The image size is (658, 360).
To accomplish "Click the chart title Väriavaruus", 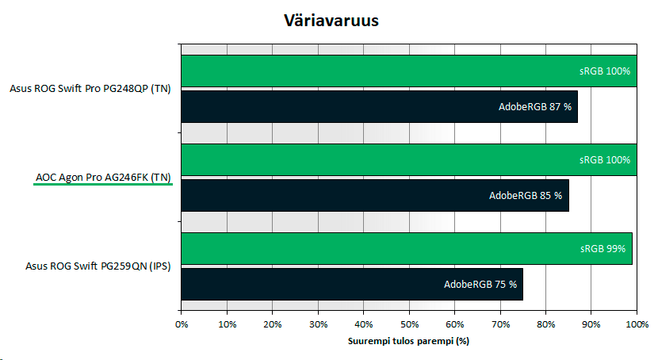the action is tap(331, 21).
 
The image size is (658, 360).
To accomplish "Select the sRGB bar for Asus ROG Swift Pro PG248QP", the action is tap(409, 71).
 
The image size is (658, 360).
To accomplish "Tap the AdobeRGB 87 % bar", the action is tap(380, 106).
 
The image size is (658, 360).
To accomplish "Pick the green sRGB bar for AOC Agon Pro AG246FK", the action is tap(409, 160).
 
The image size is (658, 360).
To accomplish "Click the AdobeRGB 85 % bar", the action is tap(375, 196).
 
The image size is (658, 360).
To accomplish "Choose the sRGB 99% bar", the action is tap(407, 248).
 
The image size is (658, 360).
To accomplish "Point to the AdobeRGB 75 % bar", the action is tap(352, 284).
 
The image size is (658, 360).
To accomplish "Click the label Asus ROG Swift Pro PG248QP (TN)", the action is tap(90, 89).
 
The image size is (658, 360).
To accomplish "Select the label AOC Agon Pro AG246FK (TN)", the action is tap(103, 178).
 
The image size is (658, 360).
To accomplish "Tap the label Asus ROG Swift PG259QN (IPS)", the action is tap(98, 266).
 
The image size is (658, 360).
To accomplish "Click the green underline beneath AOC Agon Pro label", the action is tap(103, 184).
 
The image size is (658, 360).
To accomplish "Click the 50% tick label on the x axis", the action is tap(409, 324).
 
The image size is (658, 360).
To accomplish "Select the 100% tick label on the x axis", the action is tap(637, 324).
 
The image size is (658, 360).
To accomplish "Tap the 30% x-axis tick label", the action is tap(318, 324).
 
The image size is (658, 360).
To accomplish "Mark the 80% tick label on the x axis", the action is tap(546, 324).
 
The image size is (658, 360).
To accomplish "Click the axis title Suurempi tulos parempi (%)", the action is tap(408, 341).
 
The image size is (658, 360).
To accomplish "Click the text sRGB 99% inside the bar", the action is tap(603, 249).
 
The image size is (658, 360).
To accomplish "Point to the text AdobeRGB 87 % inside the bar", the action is tap(535, 107).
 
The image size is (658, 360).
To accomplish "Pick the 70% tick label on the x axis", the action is tap(500, 324).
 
